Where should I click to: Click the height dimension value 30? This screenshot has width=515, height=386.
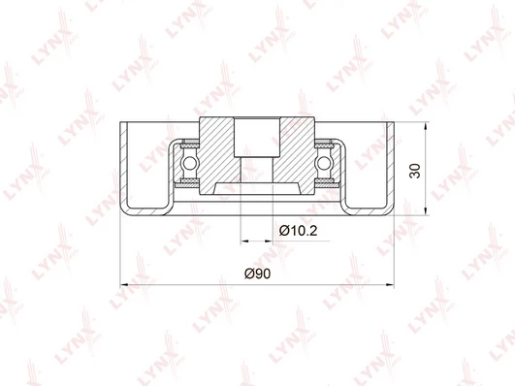(415, 171)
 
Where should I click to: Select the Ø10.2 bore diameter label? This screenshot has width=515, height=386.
(298, 231)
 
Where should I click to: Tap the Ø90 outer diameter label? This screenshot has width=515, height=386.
(258, 273)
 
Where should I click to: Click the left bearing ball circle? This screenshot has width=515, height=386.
(189, 163)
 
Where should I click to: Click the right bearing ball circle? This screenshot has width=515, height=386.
(324, 163)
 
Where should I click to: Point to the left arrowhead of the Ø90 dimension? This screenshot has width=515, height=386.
(124, 284)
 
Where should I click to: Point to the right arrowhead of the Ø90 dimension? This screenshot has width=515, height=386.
(390, 284)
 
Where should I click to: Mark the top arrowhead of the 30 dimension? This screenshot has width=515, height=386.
(426, 126)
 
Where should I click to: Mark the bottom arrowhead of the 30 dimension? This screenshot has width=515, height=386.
(426, 211)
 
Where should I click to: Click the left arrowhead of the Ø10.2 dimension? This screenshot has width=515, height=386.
(244, 241)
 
